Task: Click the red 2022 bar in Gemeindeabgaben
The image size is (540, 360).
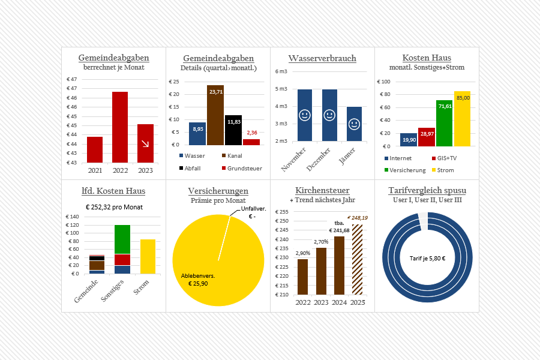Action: click(120, 127)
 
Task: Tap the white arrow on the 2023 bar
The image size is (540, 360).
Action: click(145, 144)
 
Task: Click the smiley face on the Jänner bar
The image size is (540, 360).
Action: click(354, 125)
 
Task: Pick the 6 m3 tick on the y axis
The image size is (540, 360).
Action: click(281, 71)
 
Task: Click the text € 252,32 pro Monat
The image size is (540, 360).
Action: click(113, 207)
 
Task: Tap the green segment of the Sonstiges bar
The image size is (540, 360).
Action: click(122, 239)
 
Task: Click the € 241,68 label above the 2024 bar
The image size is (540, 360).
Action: click(339, 230)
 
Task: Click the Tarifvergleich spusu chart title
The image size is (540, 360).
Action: click(427, 191)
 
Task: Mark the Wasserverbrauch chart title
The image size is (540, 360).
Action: click(322, 58)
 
